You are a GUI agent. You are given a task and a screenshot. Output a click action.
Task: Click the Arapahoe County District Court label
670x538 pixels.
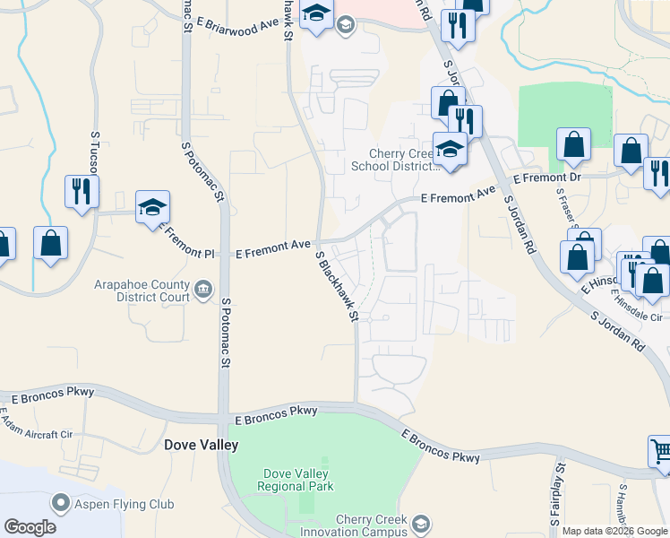[x=142, y=291]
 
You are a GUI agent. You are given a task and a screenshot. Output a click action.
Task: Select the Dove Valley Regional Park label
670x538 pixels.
[x=295, y=480]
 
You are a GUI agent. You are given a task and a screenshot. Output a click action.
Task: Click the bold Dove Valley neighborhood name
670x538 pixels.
[x=202, y=445]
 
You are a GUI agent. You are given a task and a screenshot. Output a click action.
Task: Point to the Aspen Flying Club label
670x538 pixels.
[x=125, y=504]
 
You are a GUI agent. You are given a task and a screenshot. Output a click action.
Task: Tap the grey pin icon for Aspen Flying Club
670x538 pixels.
[x=61, y=503]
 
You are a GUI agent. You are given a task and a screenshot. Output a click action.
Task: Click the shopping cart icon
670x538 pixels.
[x=659, y=452]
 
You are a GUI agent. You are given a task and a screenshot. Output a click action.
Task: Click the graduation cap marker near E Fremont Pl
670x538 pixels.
[x=153, y=207]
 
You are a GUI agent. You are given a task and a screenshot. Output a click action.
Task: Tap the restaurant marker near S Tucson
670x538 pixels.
[x=82, y=191]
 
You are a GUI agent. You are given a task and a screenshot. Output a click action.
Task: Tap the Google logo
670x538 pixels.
[x=30, y=527]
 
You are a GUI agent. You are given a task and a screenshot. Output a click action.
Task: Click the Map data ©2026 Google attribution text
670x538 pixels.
[x=614, y=531]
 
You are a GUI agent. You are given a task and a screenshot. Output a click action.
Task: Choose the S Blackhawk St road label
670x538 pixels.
[x=337, y=286]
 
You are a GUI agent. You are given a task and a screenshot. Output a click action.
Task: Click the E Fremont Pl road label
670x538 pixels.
[x=187, y=240]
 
